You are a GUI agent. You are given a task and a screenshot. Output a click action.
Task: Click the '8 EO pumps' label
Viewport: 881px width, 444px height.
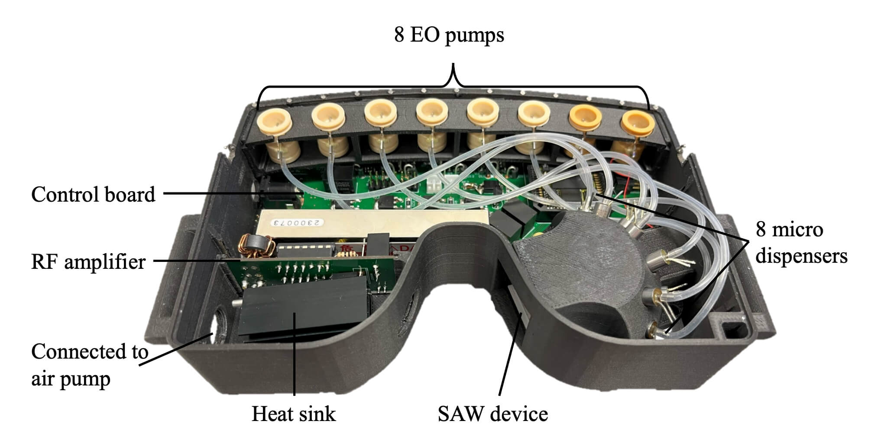(449, 35)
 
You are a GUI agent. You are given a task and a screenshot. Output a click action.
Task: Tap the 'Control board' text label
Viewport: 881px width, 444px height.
(93, 194)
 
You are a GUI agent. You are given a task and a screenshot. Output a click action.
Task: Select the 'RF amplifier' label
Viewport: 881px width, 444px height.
(88, 262)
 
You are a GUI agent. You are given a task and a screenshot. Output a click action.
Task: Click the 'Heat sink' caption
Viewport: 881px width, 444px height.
(294, 414)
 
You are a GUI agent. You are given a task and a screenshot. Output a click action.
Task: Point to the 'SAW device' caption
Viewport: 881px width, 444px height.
(493, 414)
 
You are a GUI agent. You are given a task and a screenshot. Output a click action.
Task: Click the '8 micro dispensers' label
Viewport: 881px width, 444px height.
(801, 242)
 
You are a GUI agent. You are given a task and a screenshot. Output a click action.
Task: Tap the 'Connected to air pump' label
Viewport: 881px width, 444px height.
(90, 365)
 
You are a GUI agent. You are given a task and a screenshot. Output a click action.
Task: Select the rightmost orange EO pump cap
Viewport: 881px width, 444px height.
(637, 122)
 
